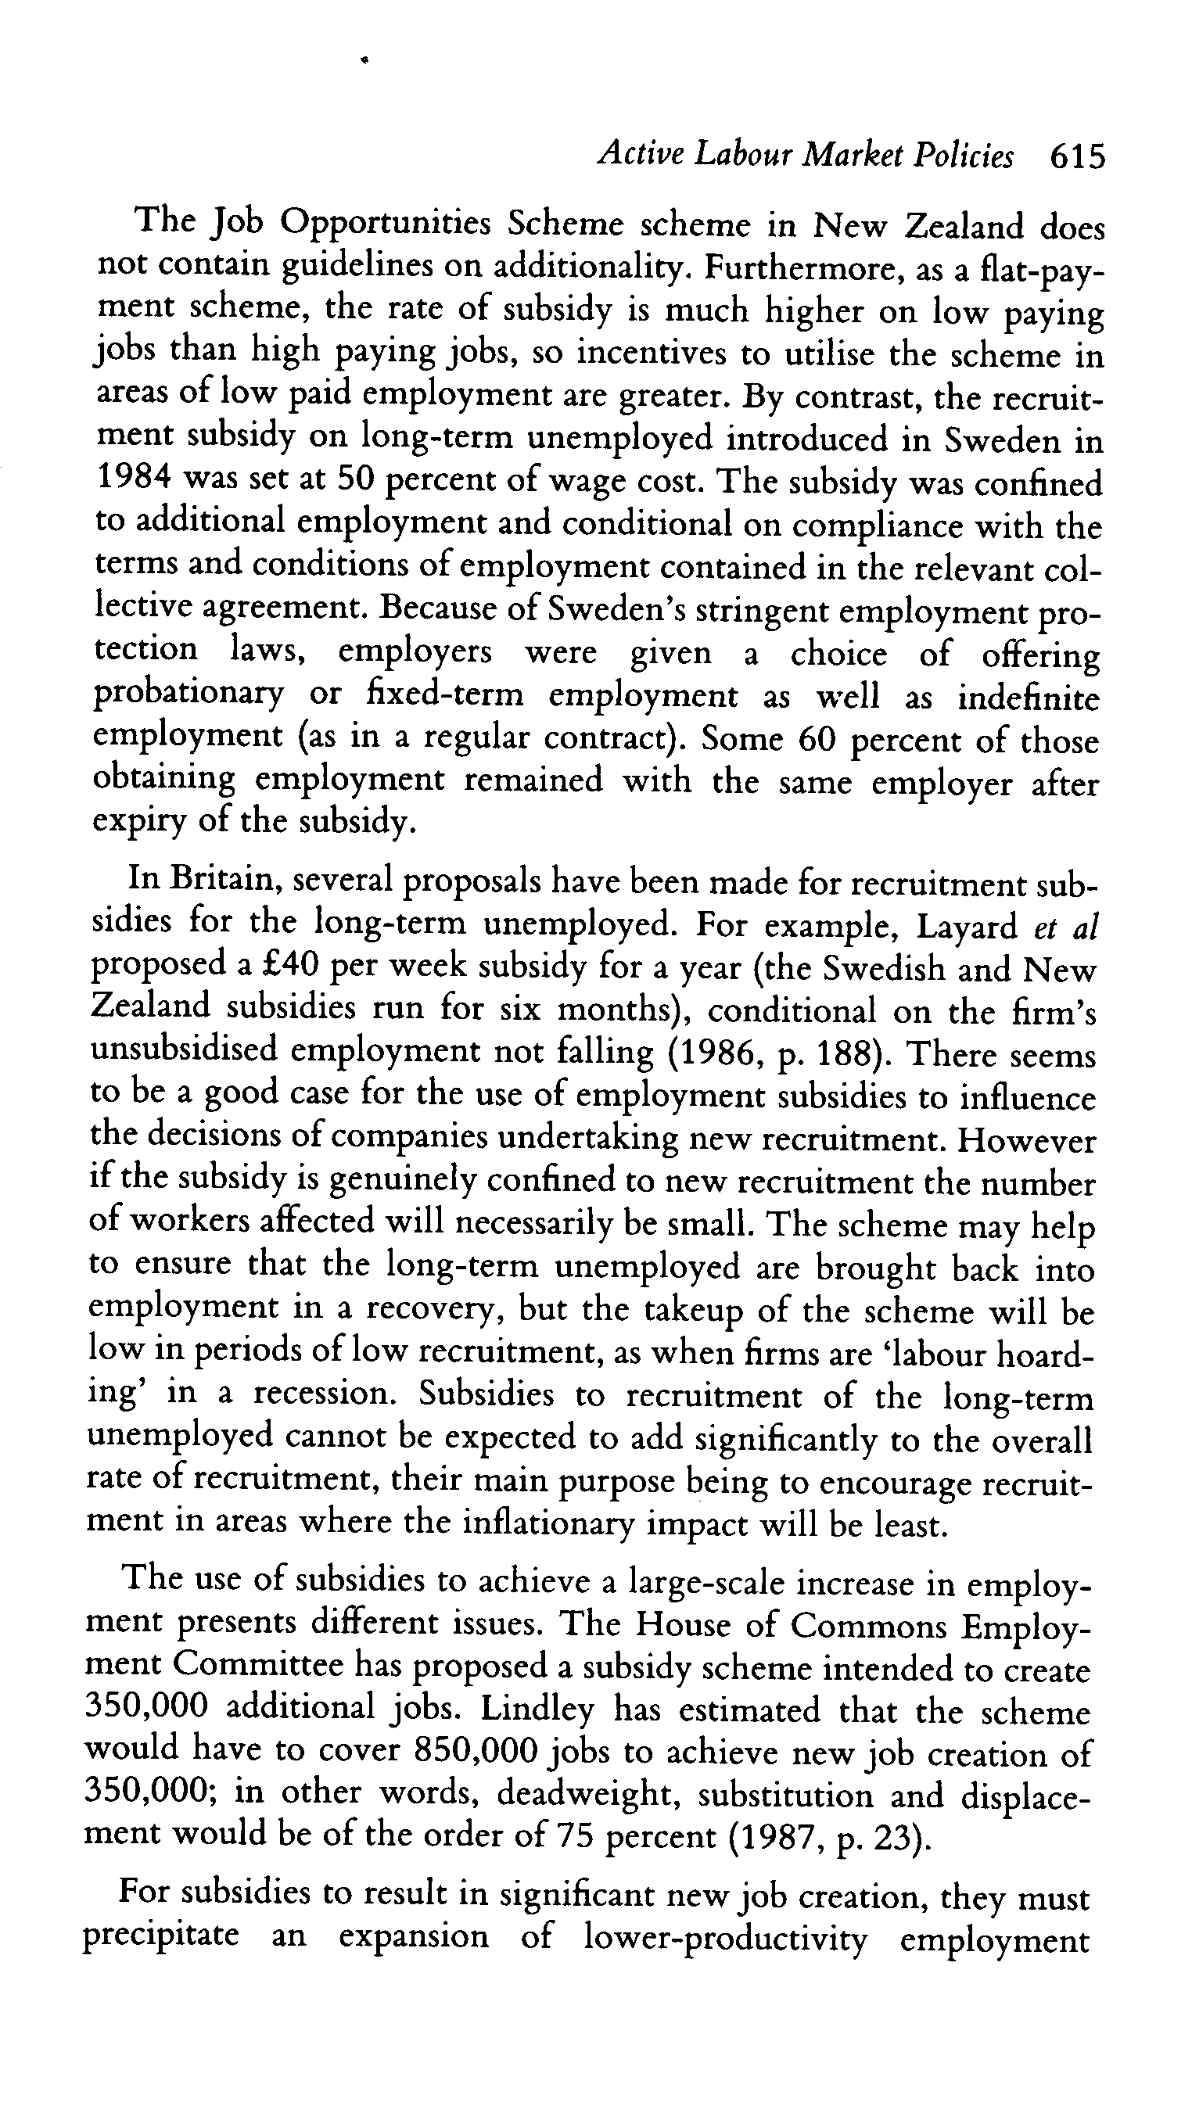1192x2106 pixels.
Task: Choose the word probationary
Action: [x=189, y=696]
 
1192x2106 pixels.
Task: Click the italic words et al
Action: [x=1065, y=926]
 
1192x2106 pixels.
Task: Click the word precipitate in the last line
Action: [x=161, y=1936]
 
